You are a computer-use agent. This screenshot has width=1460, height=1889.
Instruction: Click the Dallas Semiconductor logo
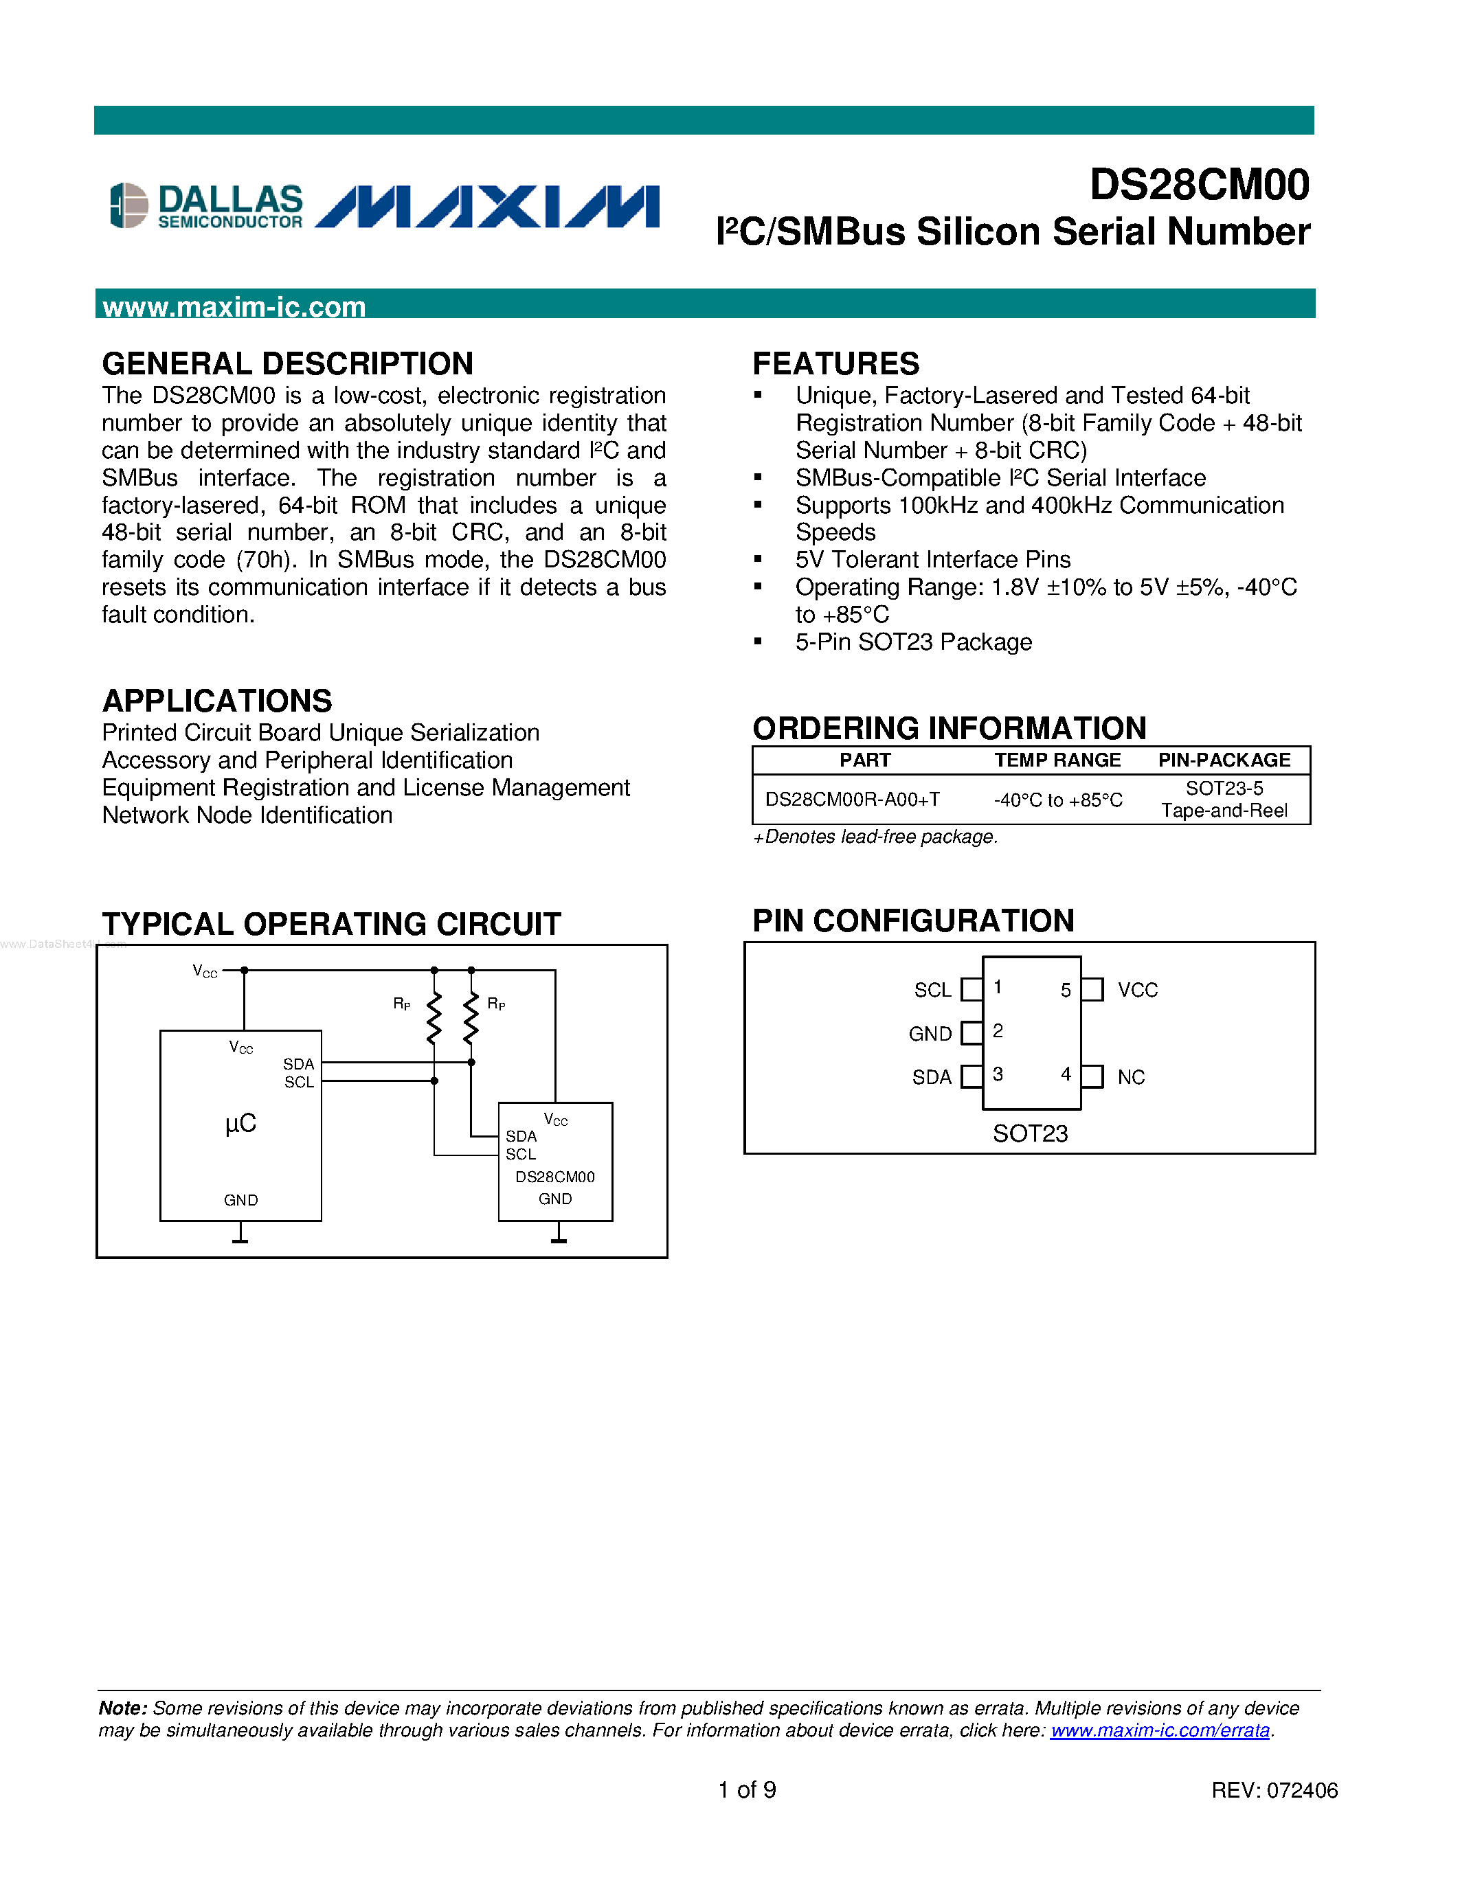pos(207,206)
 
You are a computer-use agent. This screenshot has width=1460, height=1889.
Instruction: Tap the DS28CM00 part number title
pos(1199,185)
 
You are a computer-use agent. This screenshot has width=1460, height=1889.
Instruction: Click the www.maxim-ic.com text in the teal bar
pos(234,307)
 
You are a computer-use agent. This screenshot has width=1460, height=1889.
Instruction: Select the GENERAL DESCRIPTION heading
pos(287,363)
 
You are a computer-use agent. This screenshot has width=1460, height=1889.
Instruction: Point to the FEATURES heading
pos(835,363)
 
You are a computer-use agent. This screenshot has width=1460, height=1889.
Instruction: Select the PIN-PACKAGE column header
pos(1224,760)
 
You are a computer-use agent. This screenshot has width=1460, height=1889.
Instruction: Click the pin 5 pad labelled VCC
pos(1093,989)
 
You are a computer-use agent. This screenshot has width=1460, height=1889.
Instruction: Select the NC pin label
pos(1130,1078)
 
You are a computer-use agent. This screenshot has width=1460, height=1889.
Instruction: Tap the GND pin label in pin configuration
pos(930,1034)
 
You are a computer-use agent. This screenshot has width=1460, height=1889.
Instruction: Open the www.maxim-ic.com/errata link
pos(1160,1731)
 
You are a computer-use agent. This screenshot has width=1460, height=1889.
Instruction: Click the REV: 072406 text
pos(1274,1790)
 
